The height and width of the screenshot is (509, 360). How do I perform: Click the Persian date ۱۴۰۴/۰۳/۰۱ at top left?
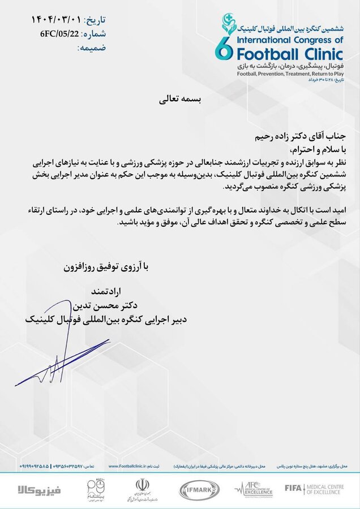coord(55,20)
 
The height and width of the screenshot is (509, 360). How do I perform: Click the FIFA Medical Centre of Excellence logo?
coord(319,488)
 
